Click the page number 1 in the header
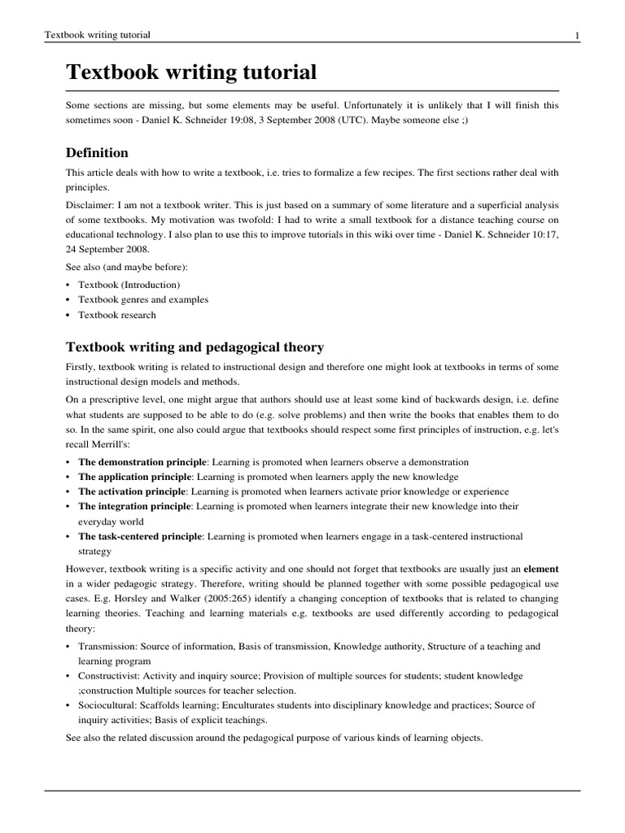[576, 35]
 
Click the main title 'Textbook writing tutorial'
[191, 72]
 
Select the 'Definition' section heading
[97, 153]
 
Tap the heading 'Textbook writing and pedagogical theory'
[194, 347]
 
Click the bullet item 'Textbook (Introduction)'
[129, 285]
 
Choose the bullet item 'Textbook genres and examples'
[143, 299]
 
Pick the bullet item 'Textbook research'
[116, 315]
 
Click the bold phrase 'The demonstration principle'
[142, 462]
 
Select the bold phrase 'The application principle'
[134, 477]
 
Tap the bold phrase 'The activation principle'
[133, 491]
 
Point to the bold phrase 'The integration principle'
[134, 506]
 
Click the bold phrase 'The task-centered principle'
[140, 536]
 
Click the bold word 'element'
[540, 569]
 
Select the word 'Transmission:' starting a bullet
[106, 647]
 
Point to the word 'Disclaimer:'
[90, 205]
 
